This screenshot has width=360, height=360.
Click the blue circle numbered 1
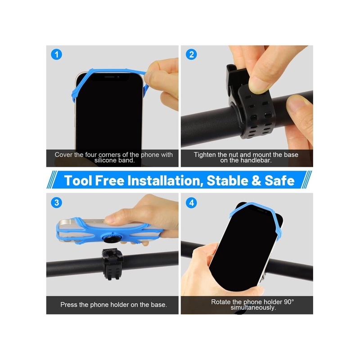57,54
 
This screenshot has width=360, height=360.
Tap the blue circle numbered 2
191,54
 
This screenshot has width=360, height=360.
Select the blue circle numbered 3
57,203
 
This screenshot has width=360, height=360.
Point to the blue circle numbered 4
191,203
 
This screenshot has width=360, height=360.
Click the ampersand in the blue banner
256,180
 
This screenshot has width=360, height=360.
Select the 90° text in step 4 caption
289,301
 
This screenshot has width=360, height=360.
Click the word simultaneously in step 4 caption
253,307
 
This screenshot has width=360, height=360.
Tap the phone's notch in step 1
109,77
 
